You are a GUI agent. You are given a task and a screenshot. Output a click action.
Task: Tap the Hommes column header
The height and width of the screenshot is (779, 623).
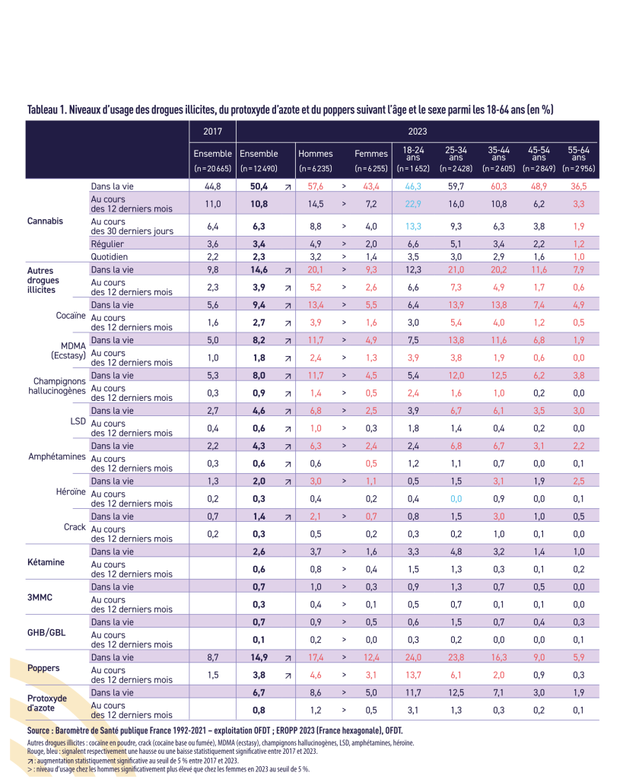point(315,154)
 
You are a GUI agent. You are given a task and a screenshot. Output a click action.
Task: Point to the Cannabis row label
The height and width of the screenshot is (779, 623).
point(45,221)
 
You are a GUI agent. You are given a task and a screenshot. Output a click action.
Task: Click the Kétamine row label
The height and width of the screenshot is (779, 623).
point(46,562)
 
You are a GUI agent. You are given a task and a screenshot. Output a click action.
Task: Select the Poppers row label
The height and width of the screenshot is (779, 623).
point(43,667)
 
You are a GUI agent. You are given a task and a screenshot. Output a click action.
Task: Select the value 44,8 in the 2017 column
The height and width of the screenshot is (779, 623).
point(212,186)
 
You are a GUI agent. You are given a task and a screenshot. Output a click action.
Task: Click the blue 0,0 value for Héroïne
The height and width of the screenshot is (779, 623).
point(456,498)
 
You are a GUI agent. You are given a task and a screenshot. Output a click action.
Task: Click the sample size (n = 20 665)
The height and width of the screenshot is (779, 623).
point(212,167)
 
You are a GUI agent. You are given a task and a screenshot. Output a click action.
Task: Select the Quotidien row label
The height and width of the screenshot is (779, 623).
point(111,256)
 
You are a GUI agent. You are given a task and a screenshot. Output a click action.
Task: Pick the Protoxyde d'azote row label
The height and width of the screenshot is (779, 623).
point(47,702)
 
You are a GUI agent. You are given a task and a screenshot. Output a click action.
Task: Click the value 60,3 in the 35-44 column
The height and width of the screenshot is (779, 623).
point(498,186)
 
